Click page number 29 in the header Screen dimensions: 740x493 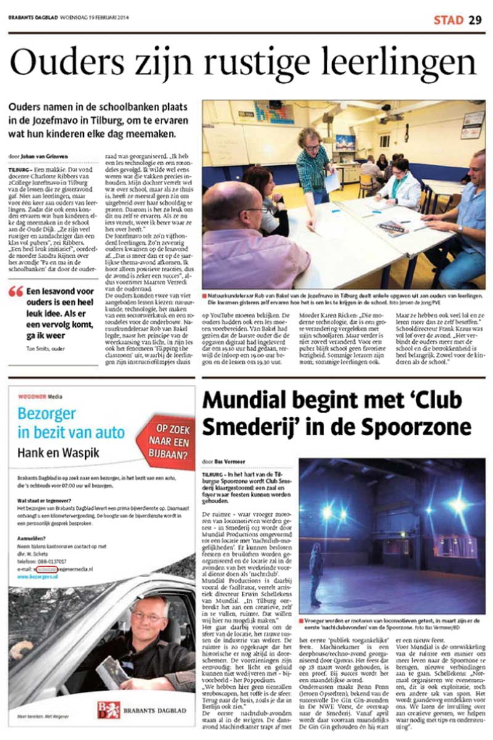475,20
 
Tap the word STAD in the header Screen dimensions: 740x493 448,20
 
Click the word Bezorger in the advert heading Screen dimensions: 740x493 47,413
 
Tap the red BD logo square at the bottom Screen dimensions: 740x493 109,709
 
